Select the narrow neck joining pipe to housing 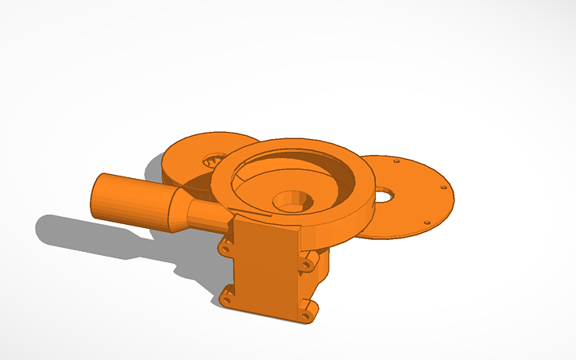click(204, 213)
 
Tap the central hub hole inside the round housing click(292, 200)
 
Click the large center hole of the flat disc click(384, 193)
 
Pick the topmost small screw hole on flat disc click(395, 161)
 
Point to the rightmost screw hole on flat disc click(443, 188)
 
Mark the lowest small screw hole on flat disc click(427, 222)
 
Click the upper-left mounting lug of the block click(226, 249)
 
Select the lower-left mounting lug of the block click(228, 299)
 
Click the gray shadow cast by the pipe click(95, 238)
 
